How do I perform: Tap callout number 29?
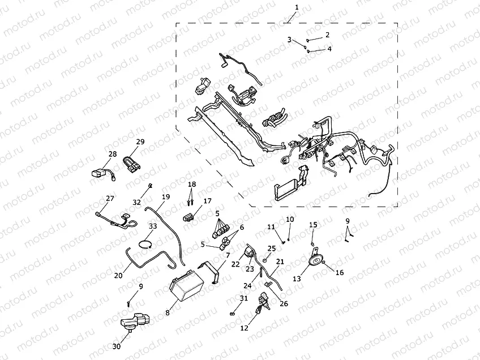140,142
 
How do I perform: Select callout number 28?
112,154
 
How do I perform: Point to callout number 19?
166,196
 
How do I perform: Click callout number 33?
153,226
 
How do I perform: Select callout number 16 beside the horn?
339,273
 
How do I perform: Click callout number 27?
110,198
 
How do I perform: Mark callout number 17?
207,200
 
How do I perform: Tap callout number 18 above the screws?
192,185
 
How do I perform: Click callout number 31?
243,298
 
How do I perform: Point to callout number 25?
272,248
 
